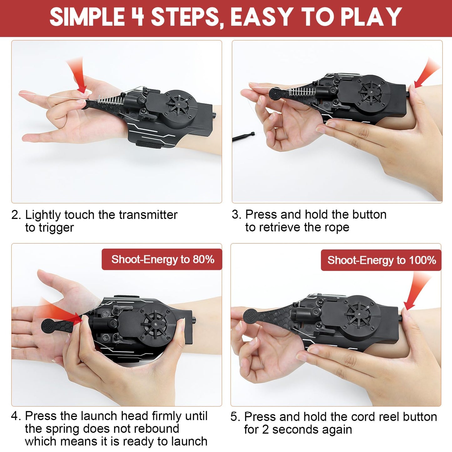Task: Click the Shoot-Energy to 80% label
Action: (162, 259)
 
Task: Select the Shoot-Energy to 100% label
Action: (381, 260)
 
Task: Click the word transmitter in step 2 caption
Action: (148, 215)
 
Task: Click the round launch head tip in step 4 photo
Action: (48, 326)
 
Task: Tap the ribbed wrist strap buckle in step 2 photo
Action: (149, 144)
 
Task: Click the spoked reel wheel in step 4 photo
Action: (155, 325)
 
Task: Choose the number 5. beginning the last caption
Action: (235, 417)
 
